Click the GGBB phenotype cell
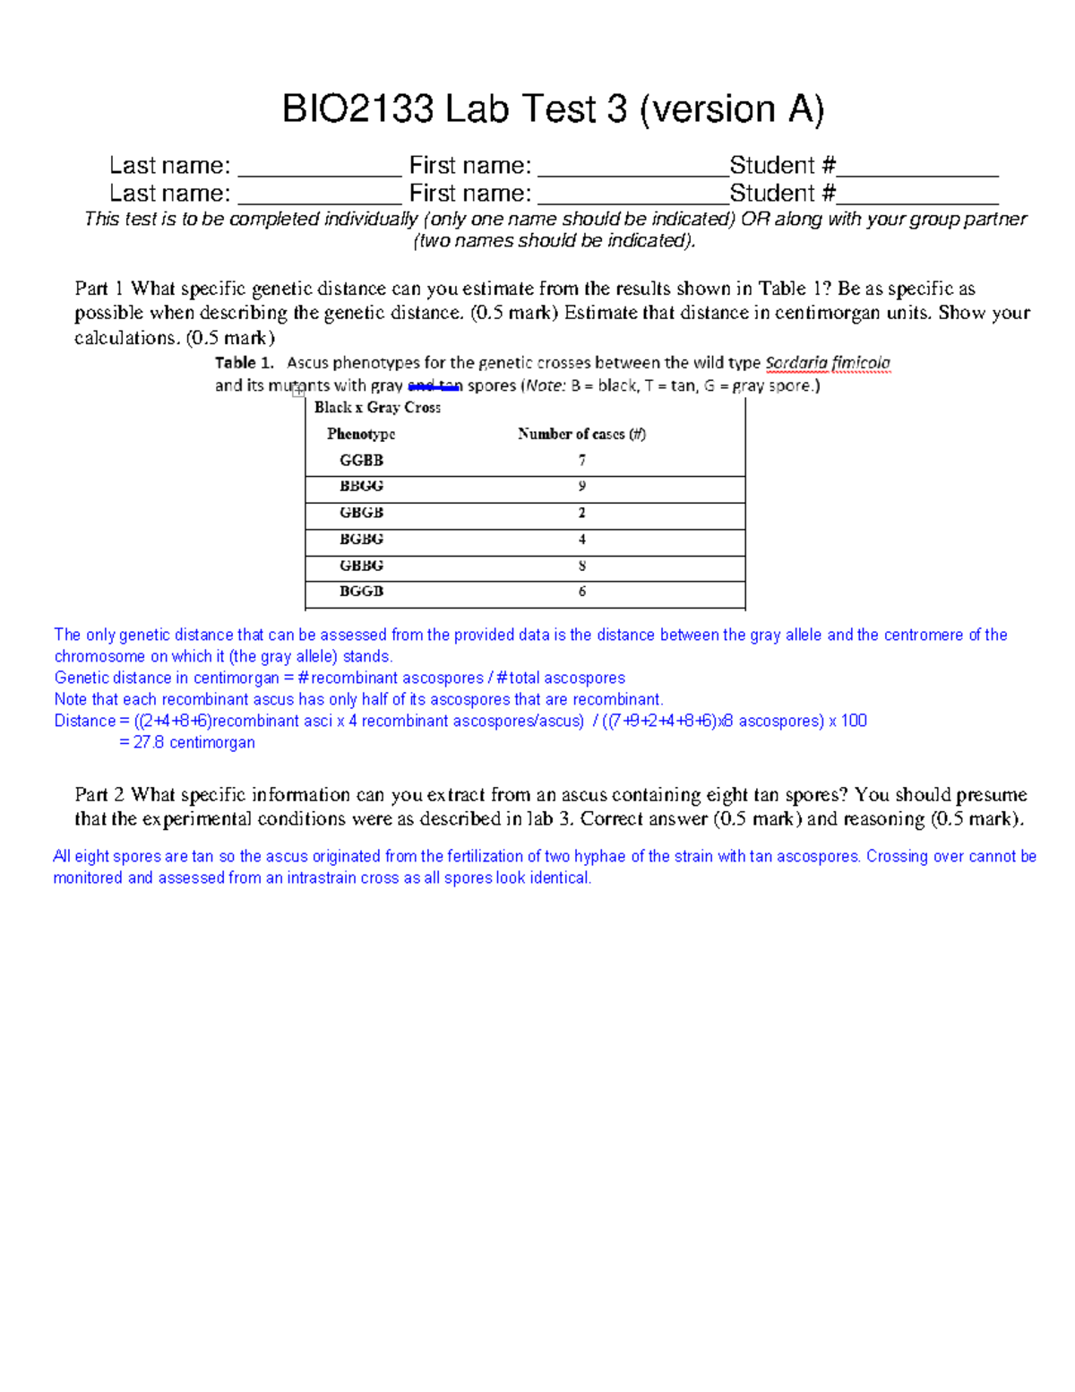(361, 460)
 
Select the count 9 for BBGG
(582, 486)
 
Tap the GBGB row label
(361, 513)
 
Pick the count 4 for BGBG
(582, 539)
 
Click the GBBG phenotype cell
(361, 566)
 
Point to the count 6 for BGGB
(582, 592)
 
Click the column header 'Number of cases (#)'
(581, 434)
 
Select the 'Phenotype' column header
(361, 434)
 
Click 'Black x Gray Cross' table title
(377, 407)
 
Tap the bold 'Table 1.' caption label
(244, 363)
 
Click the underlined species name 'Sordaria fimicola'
(828, 363)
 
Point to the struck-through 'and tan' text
(434, 386)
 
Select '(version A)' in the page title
(732, 109)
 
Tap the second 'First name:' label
(469, 194)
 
